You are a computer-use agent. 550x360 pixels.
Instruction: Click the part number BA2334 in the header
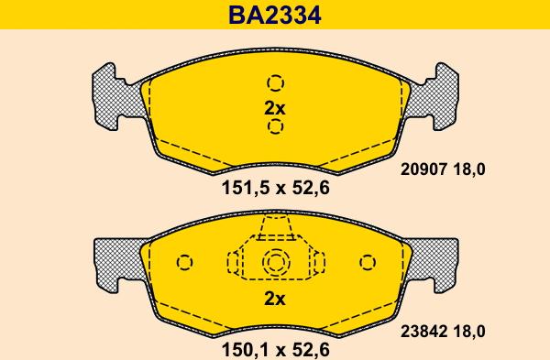(275, 15)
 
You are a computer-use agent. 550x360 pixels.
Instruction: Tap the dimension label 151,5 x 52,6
(275, 188)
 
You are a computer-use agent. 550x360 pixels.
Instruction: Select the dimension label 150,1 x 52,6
(275, 350)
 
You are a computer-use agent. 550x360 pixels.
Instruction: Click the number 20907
(423, 169)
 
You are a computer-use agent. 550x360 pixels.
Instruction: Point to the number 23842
(423, 332)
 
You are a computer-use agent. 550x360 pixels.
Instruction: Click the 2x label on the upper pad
(275, 108)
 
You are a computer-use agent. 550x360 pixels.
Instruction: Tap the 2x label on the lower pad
(275, 299)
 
